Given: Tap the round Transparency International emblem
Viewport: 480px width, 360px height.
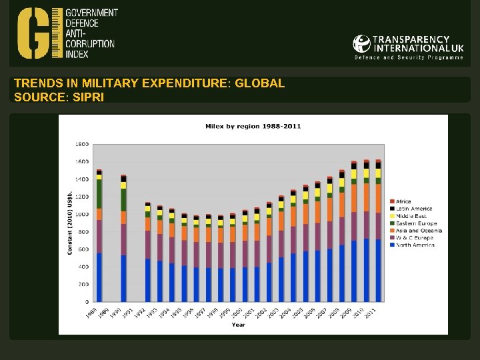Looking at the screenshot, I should (361, 44).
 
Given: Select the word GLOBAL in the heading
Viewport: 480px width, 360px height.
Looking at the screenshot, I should (260, 83).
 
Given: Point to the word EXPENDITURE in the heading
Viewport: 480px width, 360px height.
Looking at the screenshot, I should (184, 83).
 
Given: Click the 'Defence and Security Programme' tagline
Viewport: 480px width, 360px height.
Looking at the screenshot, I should (409, 58).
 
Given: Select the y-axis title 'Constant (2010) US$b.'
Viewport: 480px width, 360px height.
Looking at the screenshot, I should (70, 223).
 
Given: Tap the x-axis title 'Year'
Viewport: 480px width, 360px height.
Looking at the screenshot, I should (238, 325).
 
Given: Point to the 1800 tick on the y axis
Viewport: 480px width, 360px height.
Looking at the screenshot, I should (81, 144).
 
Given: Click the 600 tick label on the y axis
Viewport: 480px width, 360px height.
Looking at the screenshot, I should (83, 249).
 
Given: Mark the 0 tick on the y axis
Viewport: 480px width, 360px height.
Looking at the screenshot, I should (86, 302).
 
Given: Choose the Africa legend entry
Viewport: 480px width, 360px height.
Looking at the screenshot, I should (404, 201).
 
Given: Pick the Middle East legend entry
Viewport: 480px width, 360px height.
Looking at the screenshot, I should (411, 216).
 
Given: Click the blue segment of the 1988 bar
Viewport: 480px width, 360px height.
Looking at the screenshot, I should (99, 277).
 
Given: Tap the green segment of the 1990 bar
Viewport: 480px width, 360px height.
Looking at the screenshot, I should (123, 199).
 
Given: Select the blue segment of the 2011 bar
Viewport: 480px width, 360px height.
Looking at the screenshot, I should (378, 270).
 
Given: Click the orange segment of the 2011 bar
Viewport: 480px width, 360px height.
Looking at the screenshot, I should (378, 198).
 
